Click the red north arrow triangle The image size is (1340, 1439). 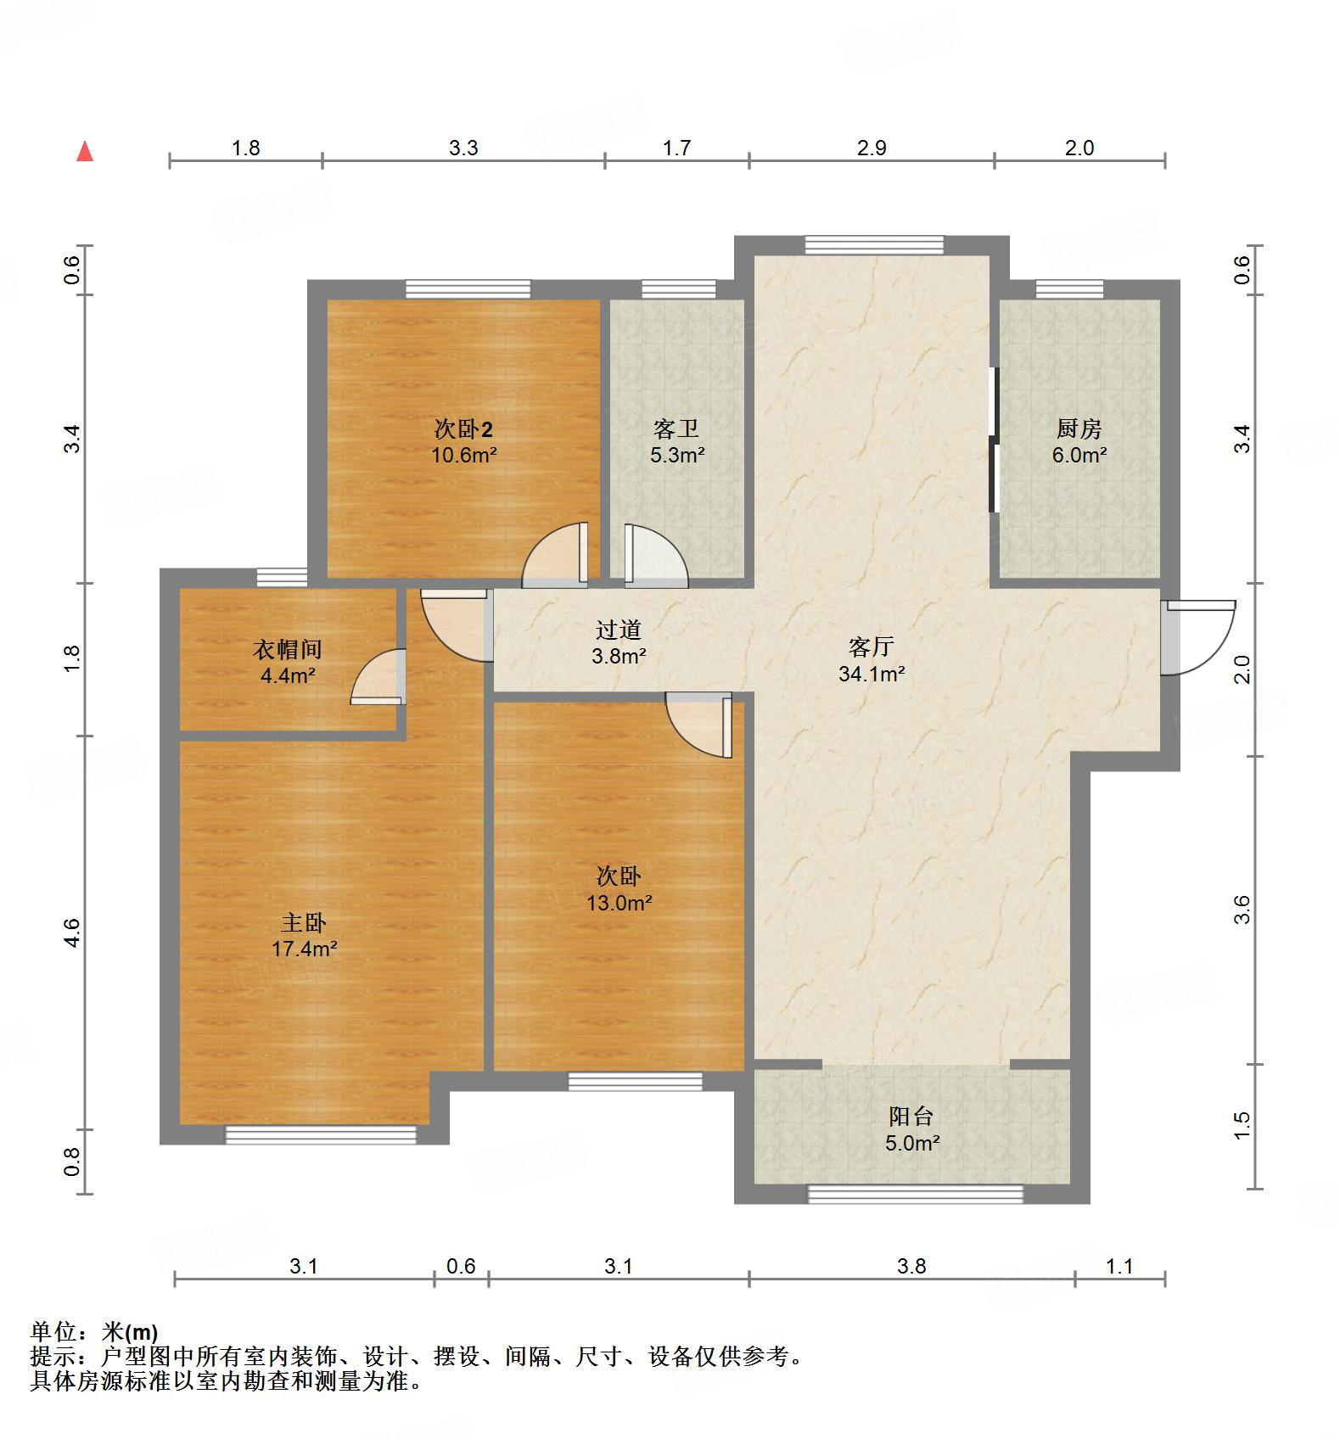[85, 152]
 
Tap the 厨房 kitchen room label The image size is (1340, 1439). [1079, 428]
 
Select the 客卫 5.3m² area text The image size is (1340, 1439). [677, 456]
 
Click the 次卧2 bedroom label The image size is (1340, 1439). [463, 428]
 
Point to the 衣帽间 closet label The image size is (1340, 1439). [288, 650]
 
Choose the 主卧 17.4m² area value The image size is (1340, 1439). [304, 949]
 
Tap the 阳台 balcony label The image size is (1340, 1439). [911, 1116]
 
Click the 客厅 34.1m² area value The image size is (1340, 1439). [872, 675]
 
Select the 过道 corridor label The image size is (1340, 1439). [618, 630]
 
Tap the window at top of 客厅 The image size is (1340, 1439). [874, 245]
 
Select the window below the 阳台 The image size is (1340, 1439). [915, 1194]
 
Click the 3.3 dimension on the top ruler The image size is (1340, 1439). [463, 148]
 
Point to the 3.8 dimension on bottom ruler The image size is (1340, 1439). [911, 1267]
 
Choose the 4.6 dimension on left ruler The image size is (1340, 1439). [72, 932]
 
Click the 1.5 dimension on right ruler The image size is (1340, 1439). [1242, 1125]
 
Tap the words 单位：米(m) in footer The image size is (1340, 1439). [94, 1332]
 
